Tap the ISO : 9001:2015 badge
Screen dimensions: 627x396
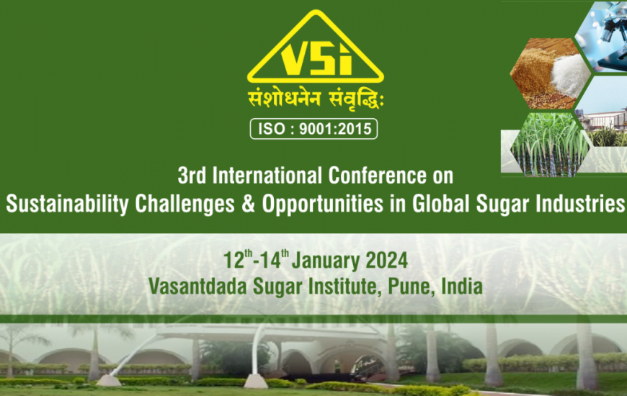pos(313,129)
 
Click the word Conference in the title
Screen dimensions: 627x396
pos(378,176)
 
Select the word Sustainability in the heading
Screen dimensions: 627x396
pos(67,204)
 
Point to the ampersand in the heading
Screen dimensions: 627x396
pos(248,204)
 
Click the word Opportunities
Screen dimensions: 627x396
pos(323,204)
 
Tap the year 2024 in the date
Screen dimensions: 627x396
pos(387,261)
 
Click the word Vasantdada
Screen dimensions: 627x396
pos(197,287)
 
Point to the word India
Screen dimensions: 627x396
pos(462,286)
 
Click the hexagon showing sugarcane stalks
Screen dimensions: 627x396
pos(550,145)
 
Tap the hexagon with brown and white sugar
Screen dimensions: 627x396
pos(550,73)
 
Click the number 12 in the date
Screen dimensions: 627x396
pos(234,261)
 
